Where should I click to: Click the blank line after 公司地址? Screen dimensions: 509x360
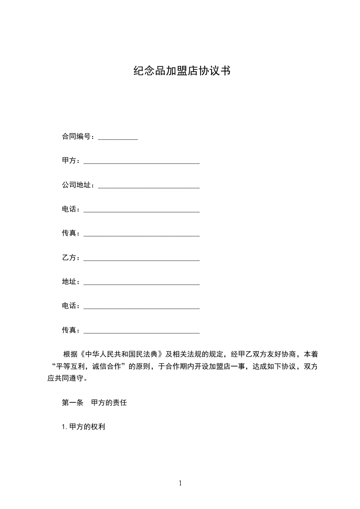point(149,186)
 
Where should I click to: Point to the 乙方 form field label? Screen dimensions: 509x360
point(69,258)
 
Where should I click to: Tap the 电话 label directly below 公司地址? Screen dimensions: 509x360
point(69,209)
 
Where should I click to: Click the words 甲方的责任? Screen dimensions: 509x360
point(109,403)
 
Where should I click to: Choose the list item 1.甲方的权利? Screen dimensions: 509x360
point(84,427)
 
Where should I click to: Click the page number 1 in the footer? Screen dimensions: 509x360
point(180,483)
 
